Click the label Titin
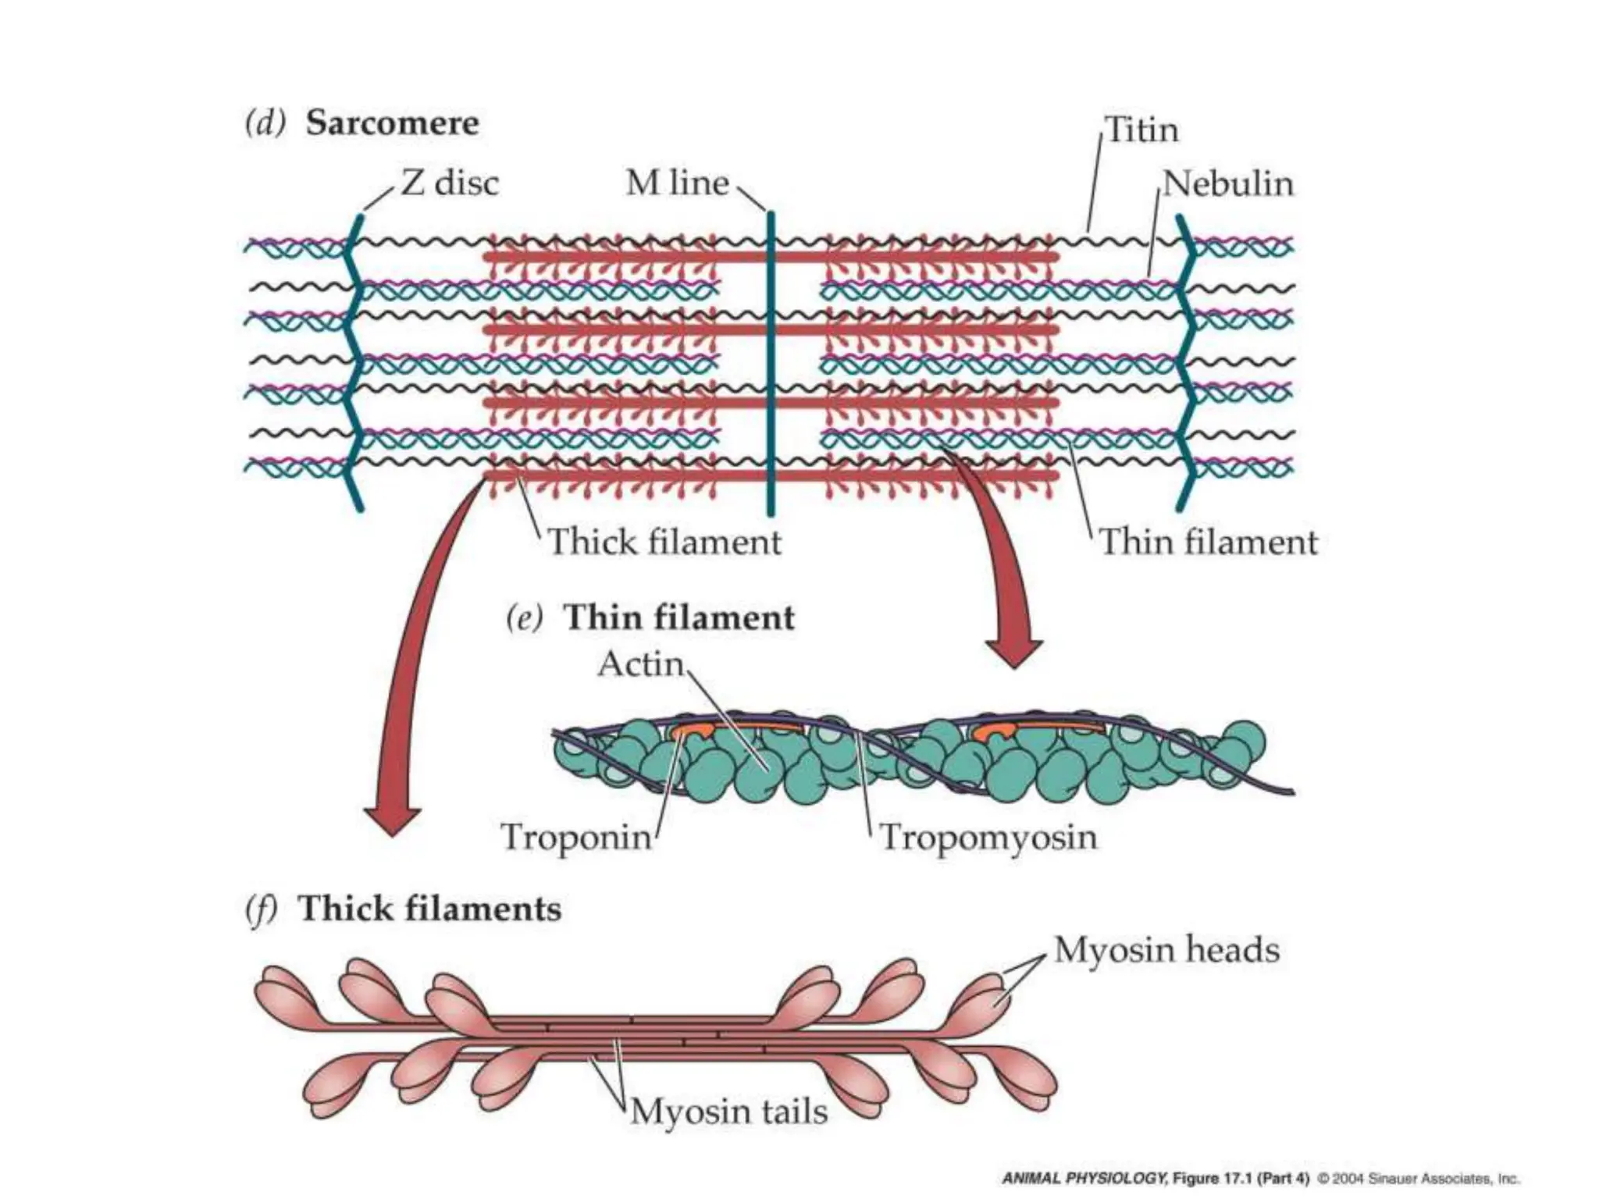click(1141, 130)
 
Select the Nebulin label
click(1227, 184)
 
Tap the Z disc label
click(449, 183)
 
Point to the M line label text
click(677, 183)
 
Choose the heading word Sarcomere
click(392, 123)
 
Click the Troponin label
click(576, 838)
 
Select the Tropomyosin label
click(988, 838)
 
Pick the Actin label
click(640, 664)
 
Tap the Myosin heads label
click(1166, 950)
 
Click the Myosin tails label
click(728, 1111)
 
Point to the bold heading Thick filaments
click(430, 909)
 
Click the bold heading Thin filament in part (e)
click(678, 617)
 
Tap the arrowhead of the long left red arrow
click(392, 820)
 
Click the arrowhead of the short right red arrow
click(1013, 652)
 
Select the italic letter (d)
click(265, 123)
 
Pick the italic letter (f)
click(261, 909)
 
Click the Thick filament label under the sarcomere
click(664, 543)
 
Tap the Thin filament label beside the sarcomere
click(1208, 543)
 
